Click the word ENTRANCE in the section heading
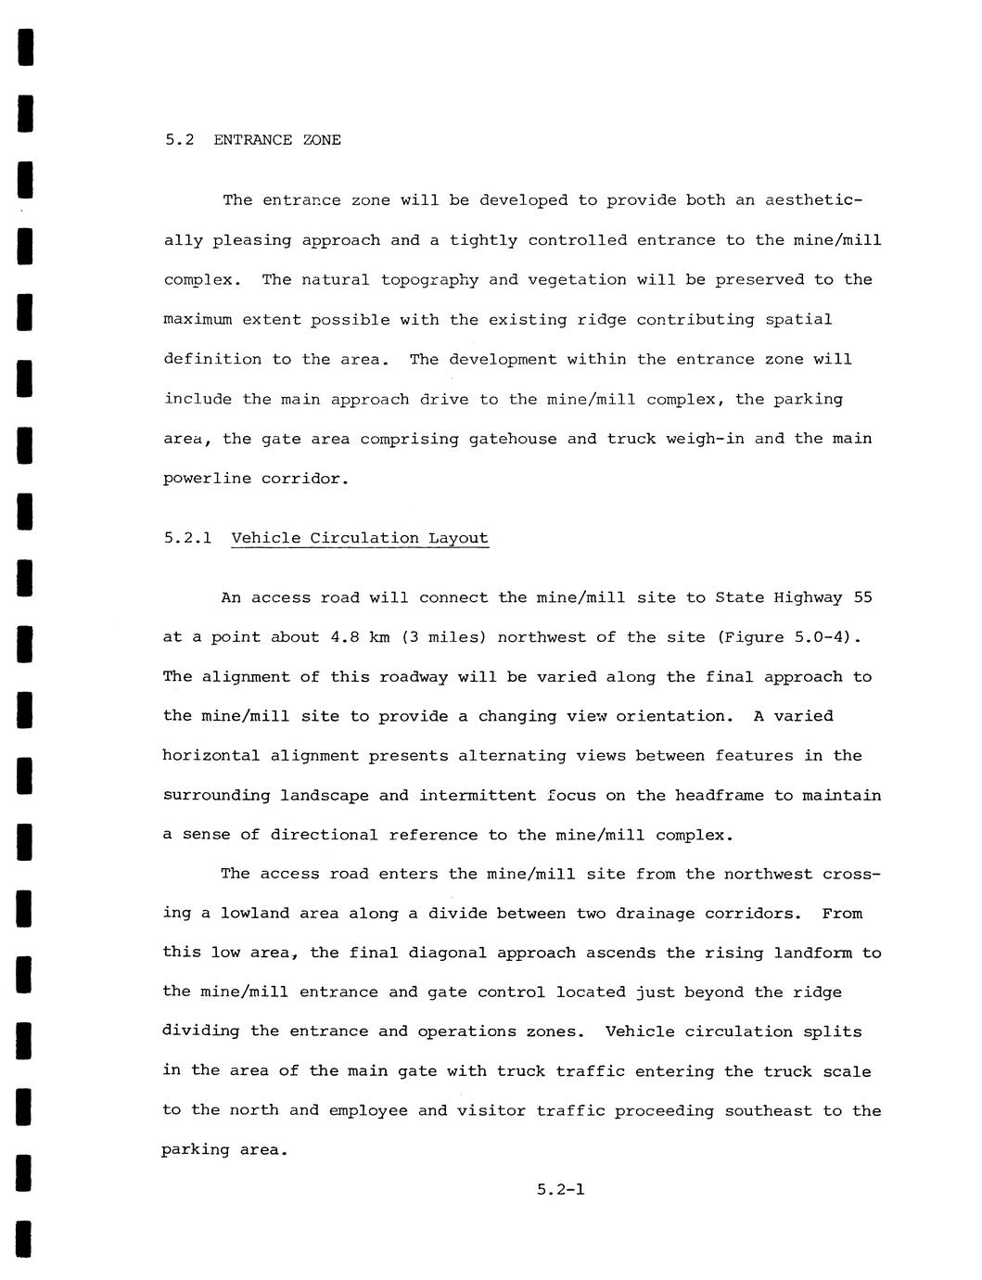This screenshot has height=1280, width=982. point(253,140)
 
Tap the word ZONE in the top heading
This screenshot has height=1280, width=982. point(322,140)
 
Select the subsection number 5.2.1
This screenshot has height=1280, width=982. point(188,538)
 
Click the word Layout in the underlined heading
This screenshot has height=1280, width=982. point(458,538)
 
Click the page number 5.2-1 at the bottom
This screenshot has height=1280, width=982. point(560,1189)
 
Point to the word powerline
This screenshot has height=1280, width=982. point(202,479)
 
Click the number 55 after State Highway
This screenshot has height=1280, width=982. point(862,597)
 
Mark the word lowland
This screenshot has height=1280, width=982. point(255,914)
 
